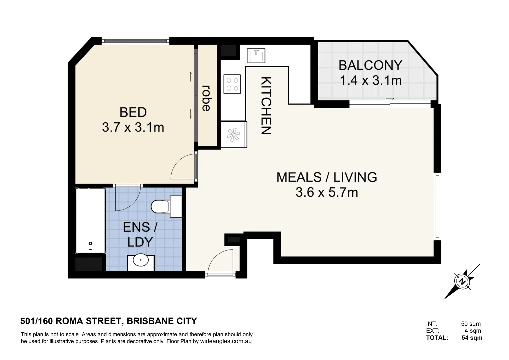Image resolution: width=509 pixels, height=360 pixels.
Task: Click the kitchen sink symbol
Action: [256, 55]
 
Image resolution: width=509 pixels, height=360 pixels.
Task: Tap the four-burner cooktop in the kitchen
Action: [232, 84]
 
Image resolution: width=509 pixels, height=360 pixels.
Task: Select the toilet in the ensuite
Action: [166, 206]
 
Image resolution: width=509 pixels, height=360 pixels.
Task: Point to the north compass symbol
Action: [462, 282]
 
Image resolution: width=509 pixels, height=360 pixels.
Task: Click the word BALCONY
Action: [371, 65]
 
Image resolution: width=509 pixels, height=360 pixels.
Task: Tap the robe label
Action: [206, 98]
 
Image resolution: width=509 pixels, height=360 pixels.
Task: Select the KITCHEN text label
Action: [266, 106]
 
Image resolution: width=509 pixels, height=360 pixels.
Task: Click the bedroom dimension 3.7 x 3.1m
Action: [133, 127]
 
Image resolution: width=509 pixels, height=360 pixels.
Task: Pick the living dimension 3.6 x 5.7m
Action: [327, 192]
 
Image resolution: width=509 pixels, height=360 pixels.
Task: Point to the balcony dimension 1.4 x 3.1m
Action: [371, 81]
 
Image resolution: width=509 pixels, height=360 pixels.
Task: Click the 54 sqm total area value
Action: [472, 338]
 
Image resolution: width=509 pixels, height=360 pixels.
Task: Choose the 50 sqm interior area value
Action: [471, 324]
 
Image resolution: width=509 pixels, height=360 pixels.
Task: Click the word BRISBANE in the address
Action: [150, 321]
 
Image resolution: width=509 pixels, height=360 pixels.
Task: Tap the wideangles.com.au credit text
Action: [226, 341]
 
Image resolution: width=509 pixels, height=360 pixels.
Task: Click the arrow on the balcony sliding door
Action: [390, 99]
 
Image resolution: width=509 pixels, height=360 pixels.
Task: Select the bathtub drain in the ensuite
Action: [90, 243]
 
